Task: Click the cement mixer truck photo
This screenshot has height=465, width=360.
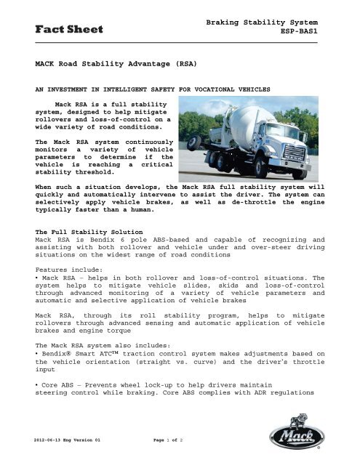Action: click(x=248, y=144)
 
